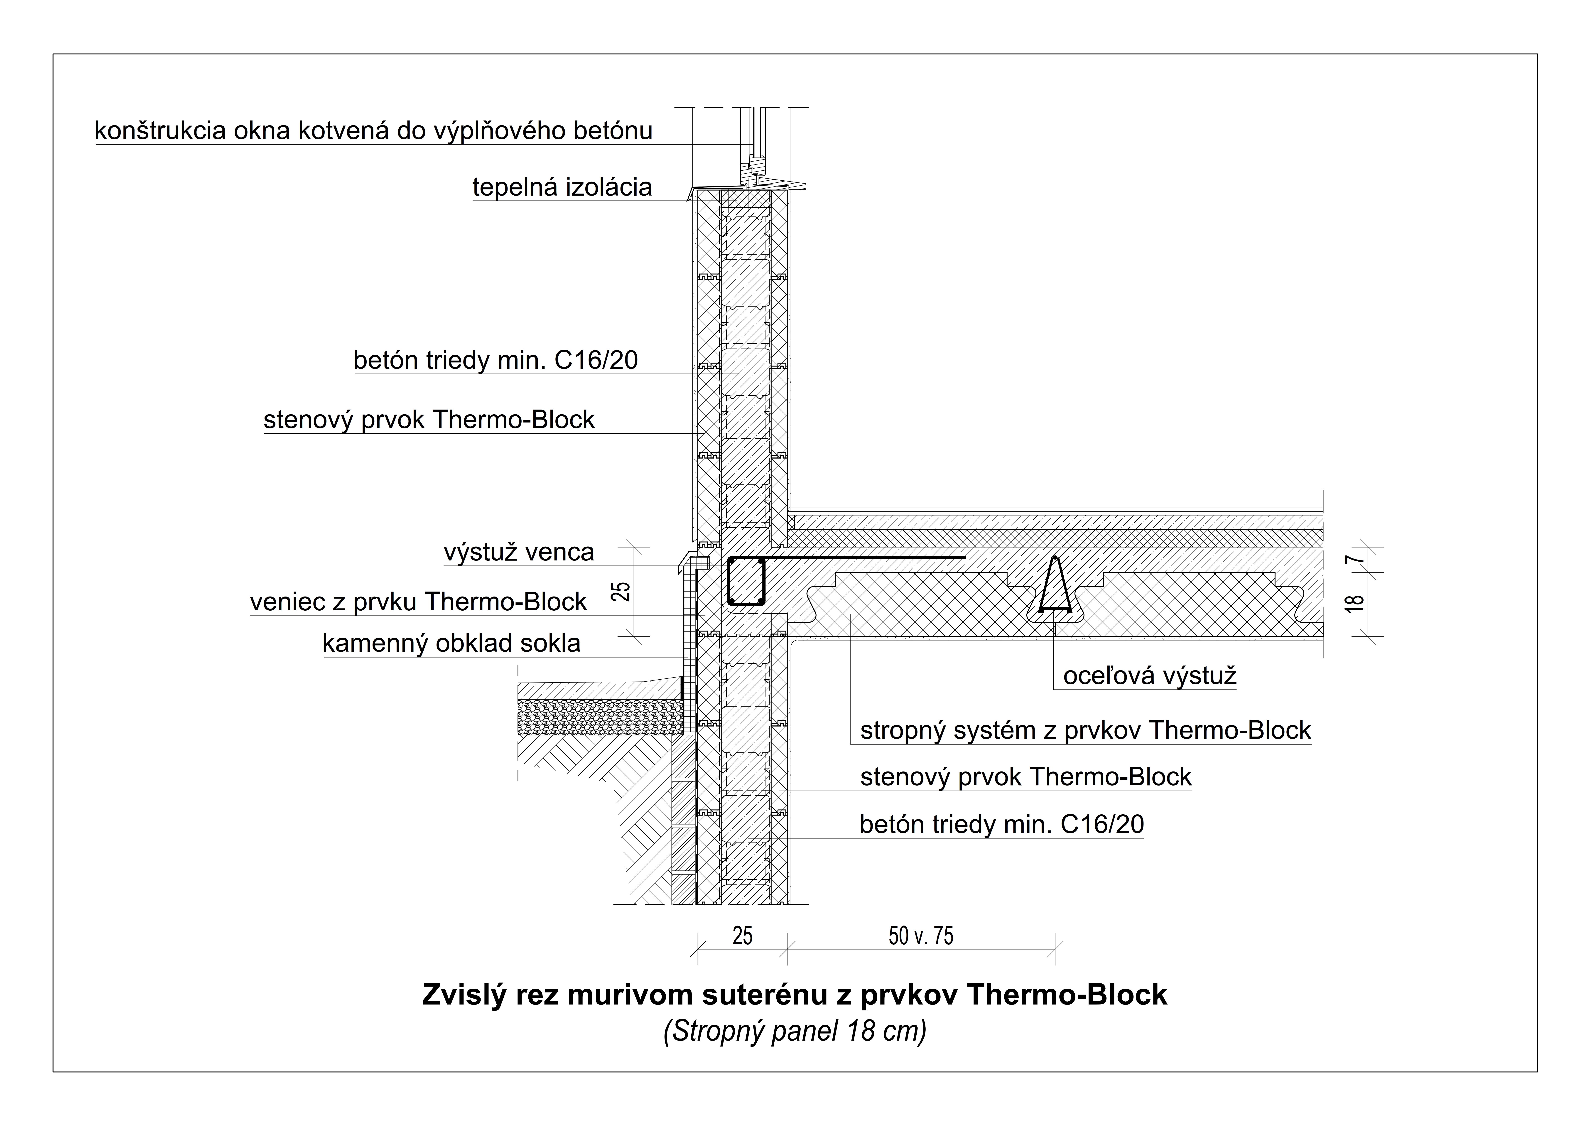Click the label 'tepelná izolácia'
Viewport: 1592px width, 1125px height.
(x=562, y=187)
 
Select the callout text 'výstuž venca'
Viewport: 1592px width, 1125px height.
(x=519, y=552)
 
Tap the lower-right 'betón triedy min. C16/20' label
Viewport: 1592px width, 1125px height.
(x=1001, y=825)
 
